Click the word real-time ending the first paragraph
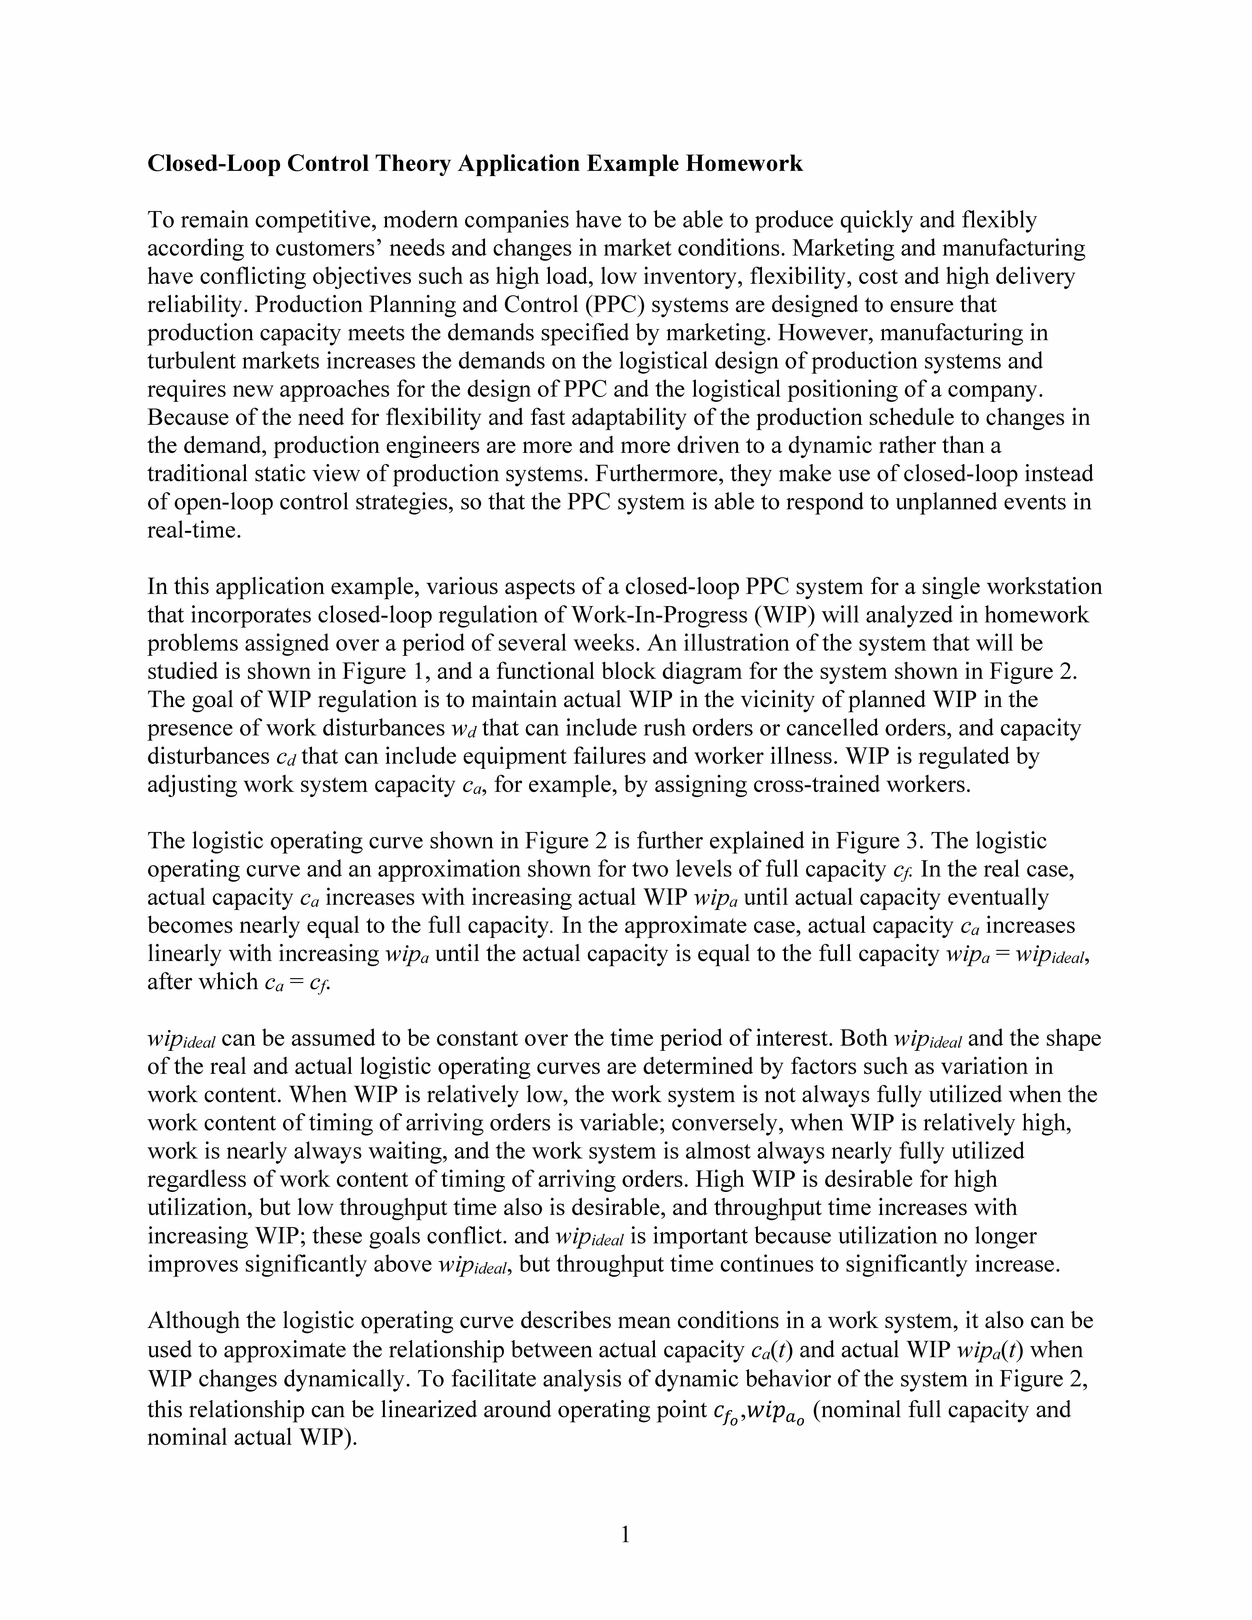[194, 531]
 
